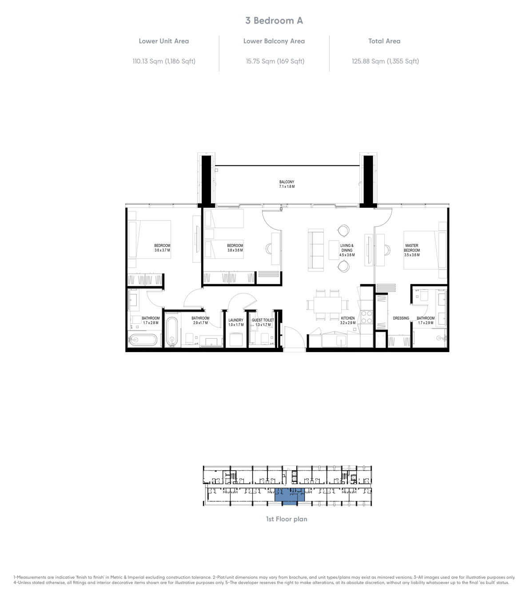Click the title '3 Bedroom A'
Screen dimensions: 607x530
[x=274, y=20]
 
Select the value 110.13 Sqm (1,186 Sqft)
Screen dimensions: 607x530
[x=164, y=61]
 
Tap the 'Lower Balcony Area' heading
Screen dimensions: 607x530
[x=274, y=41]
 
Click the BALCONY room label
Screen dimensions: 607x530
[x=287, y=182]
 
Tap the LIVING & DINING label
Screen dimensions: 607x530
[x=347, y=248]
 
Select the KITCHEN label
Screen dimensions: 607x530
[x=347, y=318]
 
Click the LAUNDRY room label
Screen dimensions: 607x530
[x=235, y=320]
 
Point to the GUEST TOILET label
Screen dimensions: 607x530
[x=263, y=320]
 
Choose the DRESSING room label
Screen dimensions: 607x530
[x=401, y=318]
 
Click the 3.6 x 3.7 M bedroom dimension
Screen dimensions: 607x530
[x=162, y=250]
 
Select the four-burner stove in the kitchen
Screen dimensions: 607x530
[x=367, y=316]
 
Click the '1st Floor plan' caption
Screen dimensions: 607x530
[x=287, y=519]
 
